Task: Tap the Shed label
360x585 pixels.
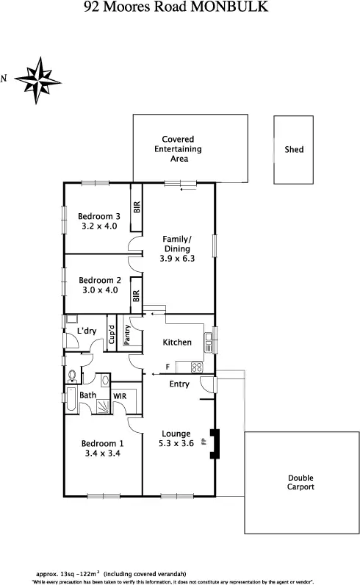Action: [x=294, y=150]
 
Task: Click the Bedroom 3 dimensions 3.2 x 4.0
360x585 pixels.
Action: [x=99, y=226]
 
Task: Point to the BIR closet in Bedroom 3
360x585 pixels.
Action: [x=136, y=207]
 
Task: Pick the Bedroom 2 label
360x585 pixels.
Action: [x=99, y=280]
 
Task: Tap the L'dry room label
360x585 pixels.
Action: [x=87, y=331]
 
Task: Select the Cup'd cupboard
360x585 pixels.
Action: [x=112, y=335]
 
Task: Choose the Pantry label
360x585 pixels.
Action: [x=127, y=335]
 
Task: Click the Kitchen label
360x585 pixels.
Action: [x=177, y=342]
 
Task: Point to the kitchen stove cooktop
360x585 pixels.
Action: [x=197, y=365]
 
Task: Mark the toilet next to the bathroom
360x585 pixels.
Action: [x=72, y=376]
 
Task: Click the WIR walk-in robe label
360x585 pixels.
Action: [x=120, y=395]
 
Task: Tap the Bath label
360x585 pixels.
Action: [x=88, y=395]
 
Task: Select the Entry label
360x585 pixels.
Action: [x=179, y=384]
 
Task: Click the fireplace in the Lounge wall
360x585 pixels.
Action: [x=214, y=443]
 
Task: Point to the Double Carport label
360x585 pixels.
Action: [x=300, y=482]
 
